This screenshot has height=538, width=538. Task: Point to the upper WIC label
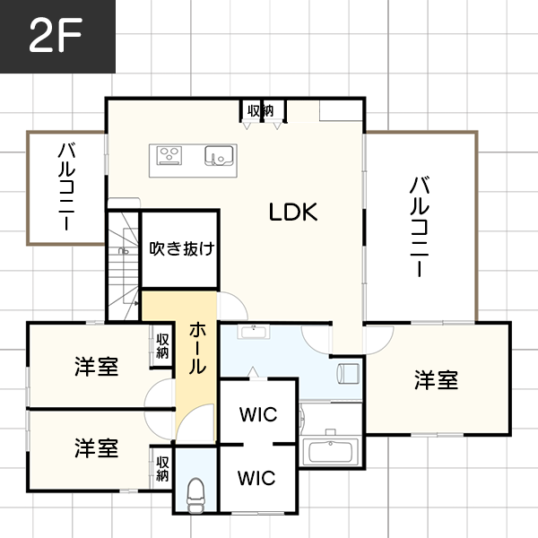257,414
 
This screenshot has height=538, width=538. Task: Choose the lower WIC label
257,477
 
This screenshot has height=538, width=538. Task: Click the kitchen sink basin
219,155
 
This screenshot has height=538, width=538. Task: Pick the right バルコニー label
418,226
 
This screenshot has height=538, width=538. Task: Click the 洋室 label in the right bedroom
437,380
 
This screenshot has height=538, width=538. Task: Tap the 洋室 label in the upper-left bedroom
97,366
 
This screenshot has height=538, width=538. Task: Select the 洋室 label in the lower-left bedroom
97,447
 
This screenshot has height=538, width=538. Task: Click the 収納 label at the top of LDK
261,110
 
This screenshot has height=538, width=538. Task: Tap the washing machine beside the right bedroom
348,370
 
